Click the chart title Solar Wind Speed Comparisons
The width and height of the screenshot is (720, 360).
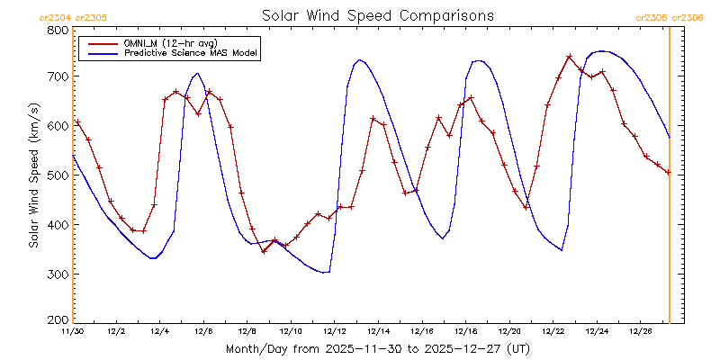[x=378, y=15]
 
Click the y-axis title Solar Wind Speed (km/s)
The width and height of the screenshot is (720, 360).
[x=34, y=175]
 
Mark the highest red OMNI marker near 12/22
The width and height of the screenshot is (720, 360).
[x=570, y=57]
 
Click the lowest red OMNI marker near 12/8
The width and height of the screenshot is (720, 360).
[x=264, y=251]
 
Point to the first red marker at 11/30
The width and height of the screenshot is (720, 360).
[x=77, y=122]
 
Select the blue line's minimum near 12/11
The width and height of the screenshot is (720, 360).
[x=326, y=272]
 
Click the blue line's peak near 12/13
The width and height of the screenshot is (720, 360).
[x=359, y=60]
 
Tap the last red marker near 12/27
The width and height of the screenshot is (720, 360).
[x=668, y=172]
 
